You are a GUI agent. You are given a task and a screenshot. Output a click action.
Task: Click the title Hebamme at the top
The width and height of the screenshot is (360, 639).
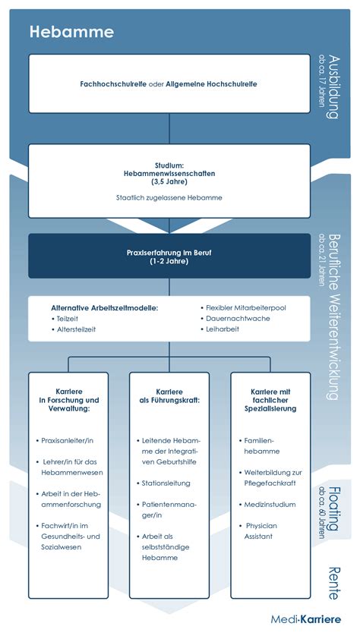pyautogui.click(x=71, y=32)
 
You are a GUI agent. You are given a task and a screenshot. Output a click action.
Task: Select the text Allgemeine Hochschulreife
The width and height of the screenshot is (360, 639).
pyautogui.click(x=215, y=83)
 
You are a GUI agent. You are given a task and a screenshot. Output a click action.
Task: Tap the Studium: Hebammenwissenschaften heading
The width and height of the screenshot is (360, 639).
pyautogui.click(x=169, y=173)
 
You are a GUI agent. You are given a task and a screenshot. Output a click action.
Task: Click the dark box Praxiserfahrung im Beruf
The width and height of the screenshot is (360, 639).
pyautogui.click(x=169, y=256)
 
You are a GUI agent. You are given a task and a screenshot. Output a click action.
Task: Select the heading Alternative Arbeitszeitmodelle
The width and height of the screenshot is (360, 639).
pyautogui.click(x=104, y=307)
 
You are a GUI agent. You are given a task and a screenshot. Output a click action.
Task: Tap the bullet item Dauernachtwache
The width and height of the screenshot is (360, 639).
pyautogui.click(x=238, y=318)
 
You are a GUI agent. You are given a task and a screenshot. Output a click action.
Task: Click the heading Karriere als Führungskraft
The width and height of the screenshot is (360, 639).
pyautogui.click(x=169, y=395)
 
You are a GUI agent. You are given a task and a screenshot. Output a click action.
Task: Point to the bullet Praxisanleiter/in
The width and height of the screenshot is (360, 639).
pyautogui.click(x=69, y=440)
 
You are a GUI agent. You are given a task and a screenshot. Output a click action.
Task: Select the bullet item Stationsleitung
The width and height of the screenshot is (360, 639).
pyautogui.click(x=166, y=483)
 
